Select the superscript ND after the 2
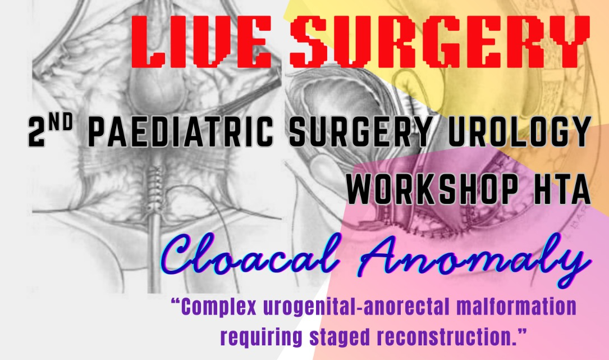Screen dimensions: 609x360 pyautogui.click(x=61, y=124)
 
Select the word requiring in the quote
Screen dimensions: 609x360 pyautogui.click(x=261, y=338)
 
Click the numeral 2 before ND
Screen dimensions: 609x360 pyautogui.click(x=37, y=132)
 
